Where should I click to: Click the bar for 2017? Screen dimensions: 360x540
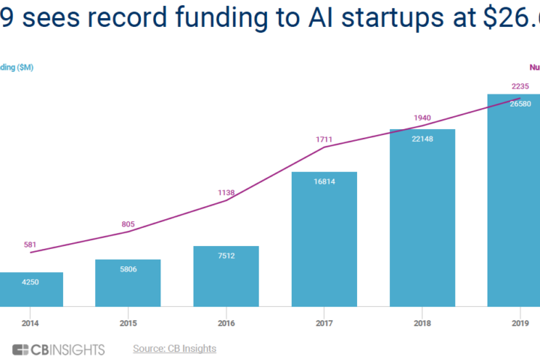click(x=325, y=240)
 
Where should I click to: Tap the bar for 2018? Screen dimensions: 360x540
click(x=422, y=217)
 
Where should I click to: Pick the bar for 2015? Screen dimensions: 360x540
click(x=127, y=283)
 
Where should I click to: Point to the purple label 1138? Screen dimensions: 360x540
click(x=226, y=193)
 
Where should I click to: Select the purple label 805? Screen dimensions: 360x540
click(x=127, y=223)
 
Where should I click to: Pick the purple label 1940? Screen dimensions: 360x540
click(x=422, y=118)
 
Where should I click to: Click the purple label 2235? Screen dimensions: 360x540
click(x=520, y=86)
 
